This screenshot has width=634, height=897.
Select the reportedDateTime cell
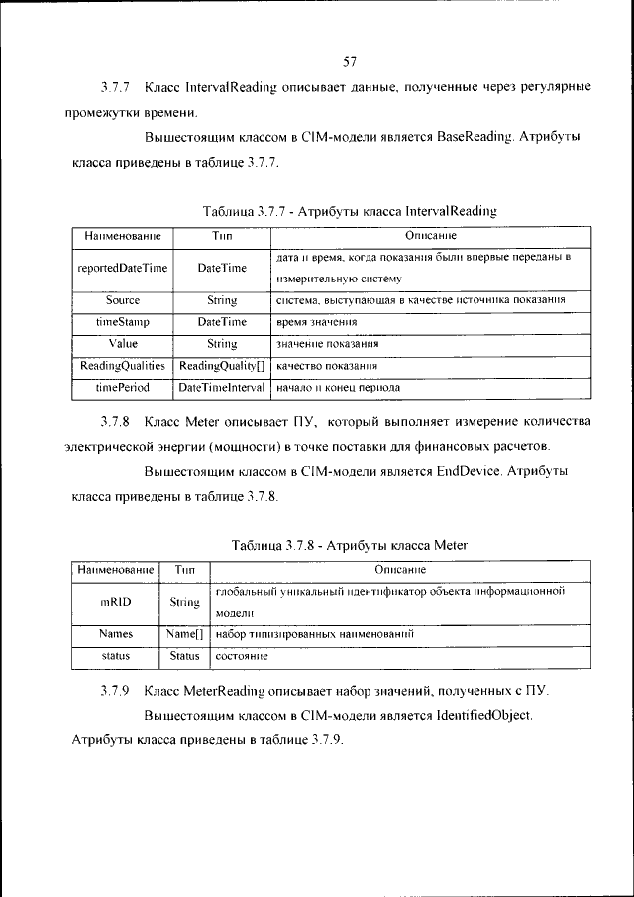pos(122,268)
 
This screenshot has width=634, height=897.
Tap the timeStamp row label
pos(122,322)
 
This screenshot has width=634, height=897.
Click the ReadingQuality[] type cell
pos(222,366)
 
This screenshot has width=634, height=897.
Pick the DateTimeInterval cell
pos(222,388)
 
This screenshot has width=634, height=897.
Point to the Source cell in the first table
pos(122,299)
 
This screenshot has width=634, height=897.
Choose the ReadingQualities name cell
pos(122,366)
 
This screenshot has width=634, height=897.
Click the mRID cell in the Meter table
pos(116,601)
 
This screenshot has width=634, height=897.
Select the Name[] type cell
pos(184,632)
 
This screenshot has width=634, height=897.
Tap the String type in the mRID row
pos(184,601)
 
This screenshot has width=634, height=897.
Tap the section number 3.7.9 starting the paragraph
pos(116,690)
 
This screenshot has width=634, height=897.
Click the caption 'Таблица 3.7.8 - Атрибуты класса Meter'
pos(349,545)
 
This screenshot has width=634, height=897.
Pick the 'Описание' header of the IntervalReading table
pos(431,237)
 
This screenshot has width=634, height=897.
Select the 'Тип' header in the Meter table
pos(184,570)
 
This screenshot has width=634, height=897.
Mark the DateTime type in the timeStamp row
pos(222,322)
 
